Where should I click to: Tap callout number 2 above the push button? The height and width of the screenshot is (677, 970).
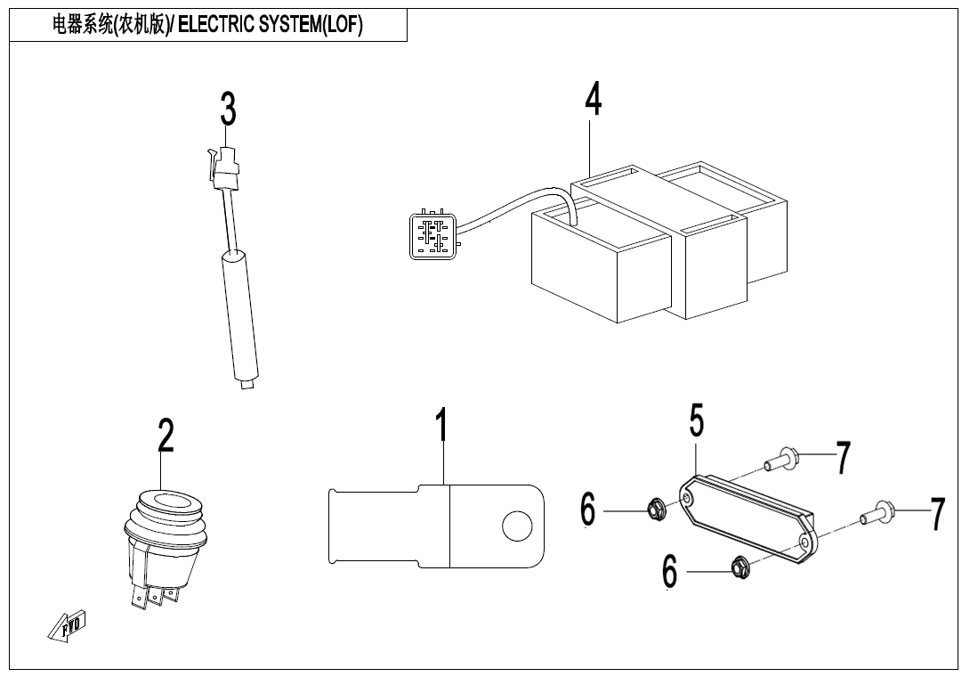point(166,436)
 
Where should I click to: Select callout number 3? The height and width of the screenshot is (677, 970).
point(229,109)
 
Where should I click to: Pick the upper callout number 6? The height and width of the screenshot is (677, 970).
point(587,510)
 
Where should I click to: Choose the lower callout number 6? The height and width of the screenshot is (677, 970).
point(670,571)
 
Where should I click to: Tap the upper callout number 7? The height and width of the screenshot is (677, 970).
point(843,458)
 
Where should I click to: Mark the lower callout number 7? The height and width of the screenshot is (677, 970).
point(938,514)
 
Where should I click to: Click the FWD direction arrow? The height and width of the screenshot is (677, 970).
point(67,625)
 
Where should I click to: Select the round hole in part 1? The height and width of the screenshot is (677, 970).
point(517,526)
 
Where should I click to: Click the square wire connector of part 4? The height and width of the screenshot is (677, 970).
point(433,236)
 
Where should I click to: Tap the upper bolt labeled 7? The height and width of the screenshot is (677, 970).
point(782,460)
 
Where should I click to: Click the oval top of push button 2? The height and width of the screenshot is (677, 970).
point(166,502)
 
